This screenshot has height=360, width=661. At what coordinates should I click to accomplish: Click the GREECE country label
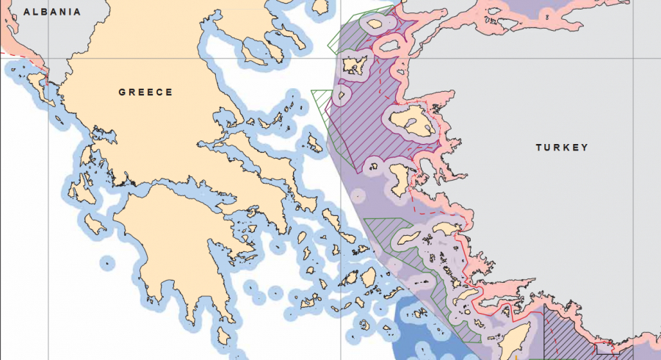[145, 93]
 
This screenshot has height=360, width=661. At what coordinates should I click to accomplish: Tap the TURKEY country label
[562, 148]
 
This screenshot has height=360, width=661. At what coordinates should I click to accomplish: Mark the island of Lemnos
[356, 67]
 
